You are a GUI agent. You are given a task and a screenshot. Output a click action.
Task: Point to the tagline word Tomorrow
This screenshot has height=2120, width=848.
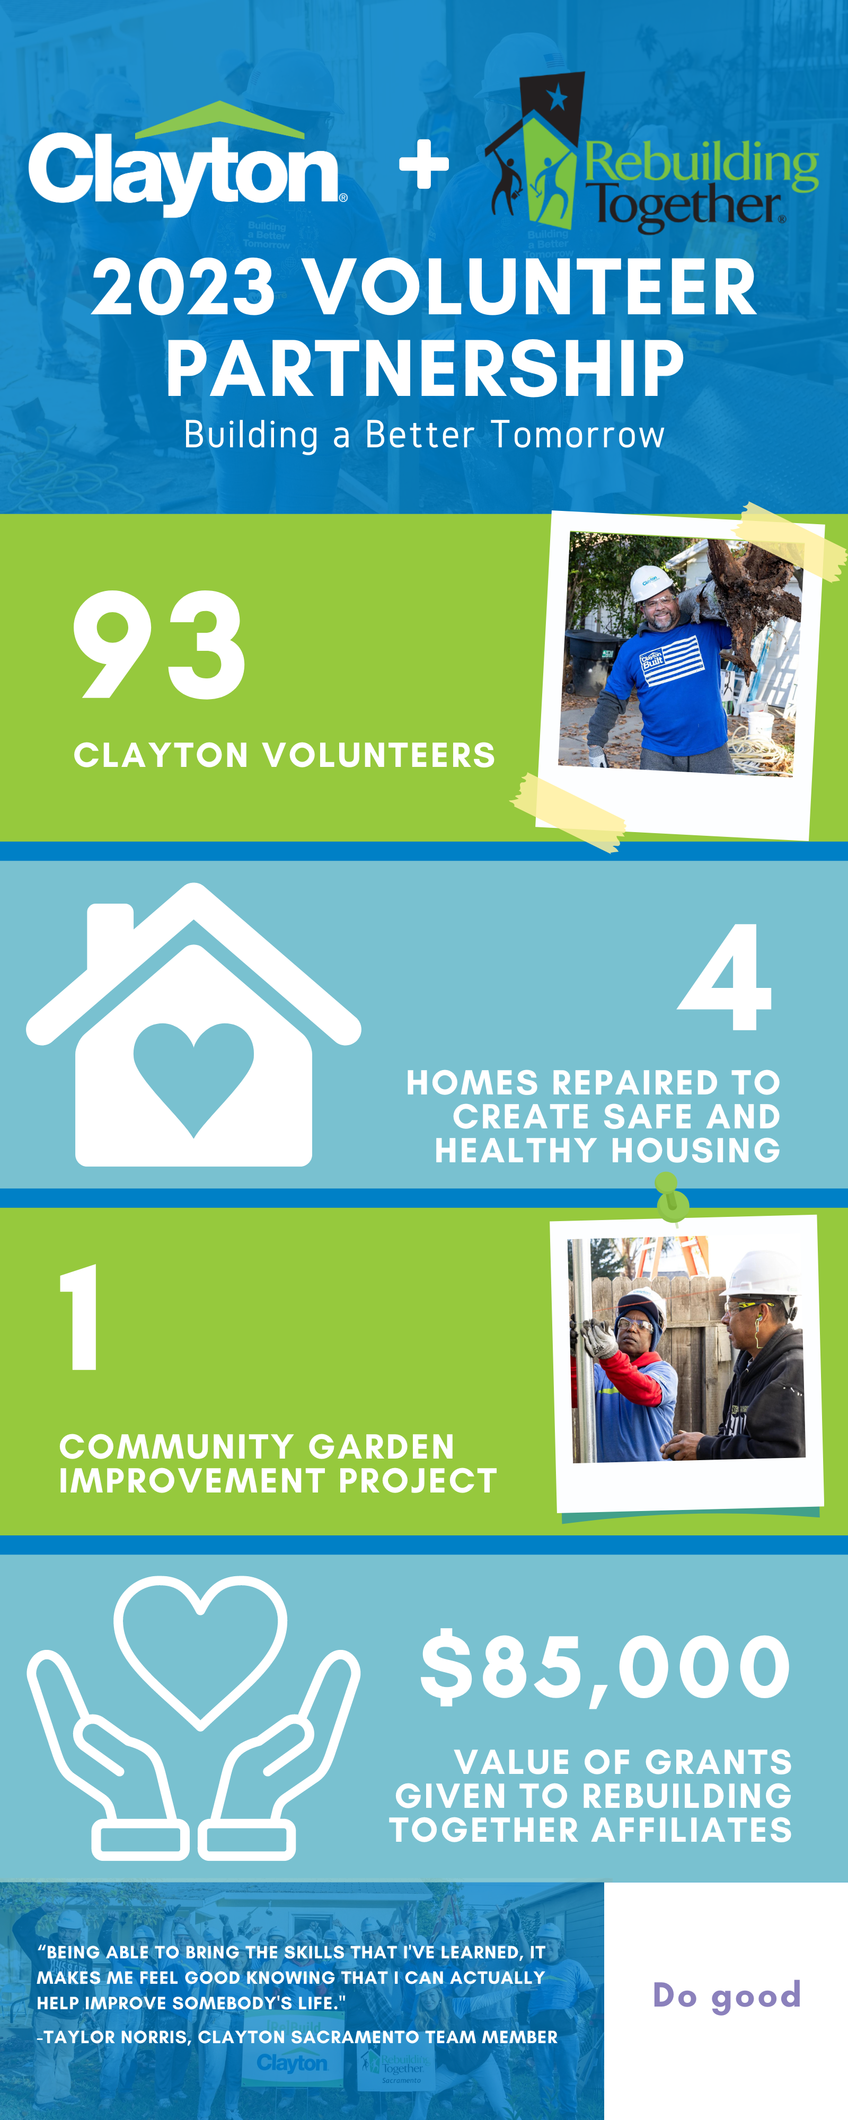tap(578, 435)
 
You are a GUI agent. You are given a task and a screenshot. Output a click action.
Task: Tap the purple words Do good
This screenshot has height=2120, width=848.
tap(726, 1996)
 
